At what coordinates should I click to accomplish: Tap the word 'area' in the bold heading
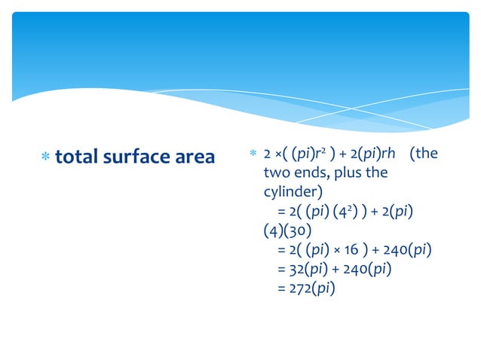point(192,157)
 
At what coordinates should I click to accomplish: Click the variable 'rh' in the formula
point(388,154)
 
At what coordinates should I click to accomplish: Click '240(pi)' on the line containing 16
point(405,248)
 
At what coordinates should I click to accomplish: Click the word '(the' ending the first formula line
point(424,154)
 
